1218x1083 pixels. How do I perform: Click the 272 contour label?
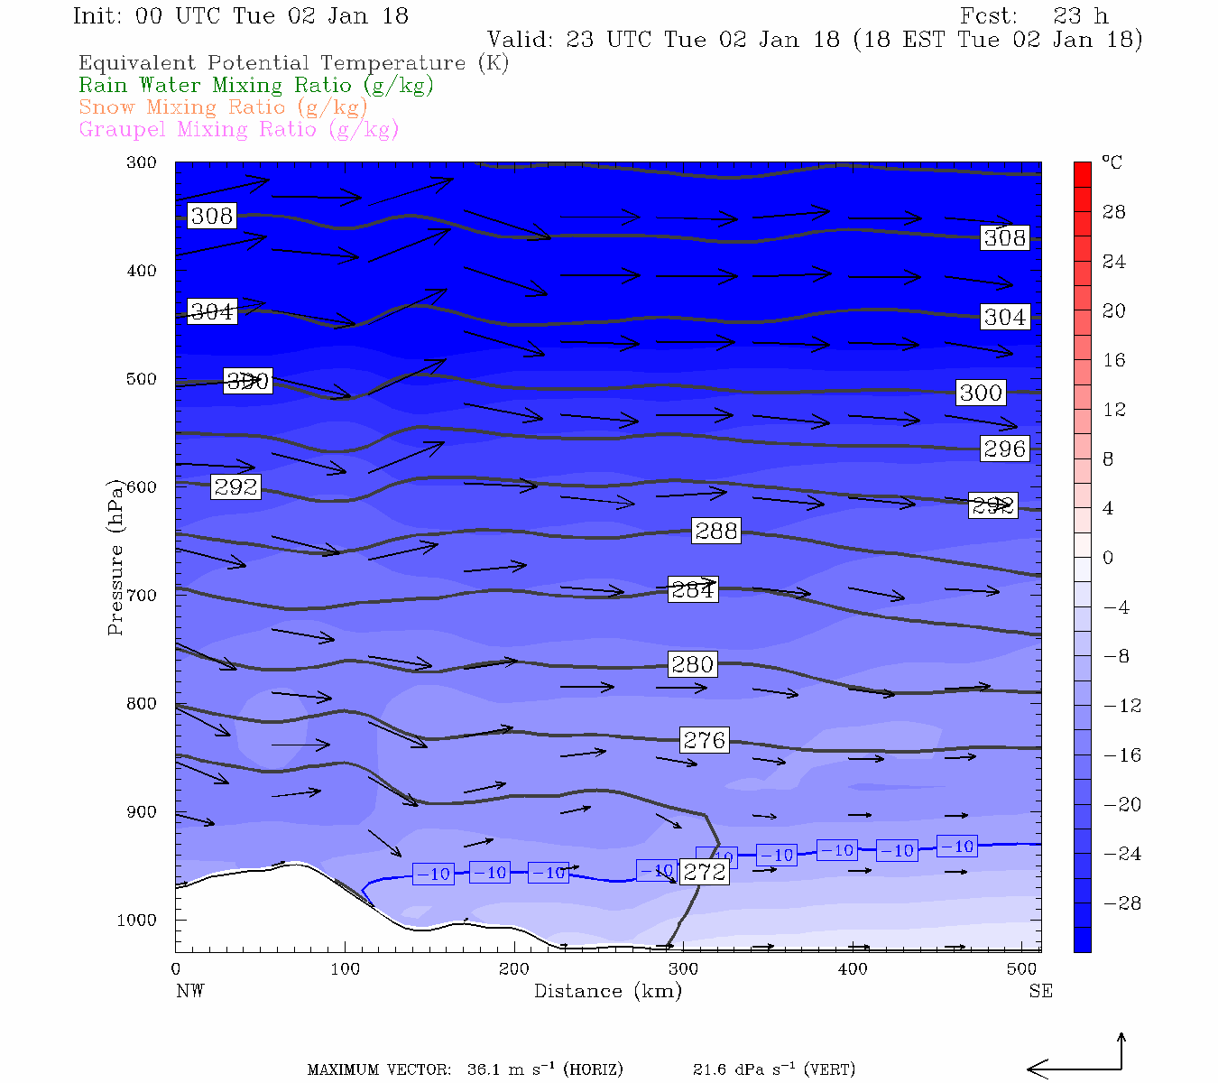tap(705, 872)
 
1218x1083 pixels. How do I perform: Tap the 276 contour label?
tap(705, 740)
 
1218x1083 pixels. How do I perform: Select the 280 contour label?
tap(693, 664)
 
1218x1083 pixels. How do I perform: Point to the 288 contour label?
tap(716, 531)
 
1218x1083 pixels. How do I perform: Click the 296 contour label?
tap(1005, 449)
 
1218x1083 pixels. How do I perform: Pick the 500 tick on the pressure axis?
tap(142, 379)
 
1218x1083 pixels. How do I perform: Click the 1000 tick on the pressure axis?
tap(137, 921)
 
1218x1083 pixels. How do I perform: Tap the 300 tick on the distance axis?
tap(683, 969)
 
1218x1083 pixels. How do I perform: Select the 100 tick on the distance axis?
tap(345, 969)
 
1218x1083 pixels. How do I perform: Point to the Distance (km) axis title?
tap(608, 991)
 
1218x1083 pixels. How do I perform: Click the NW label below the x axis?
tap(189, 991)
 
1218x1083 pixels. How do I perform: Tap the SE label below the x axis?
tap(1040, 991)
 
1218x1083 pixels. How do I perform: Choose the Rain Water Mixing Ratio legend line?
tap(256, 86)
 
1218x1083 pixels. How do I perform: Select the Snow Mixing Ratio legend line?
tap(224, 107)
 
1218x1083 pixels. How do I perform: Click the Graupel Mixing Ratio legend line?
tap(239, 129)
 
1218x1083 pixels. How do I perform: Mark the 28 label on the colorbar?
tap(1114, 212)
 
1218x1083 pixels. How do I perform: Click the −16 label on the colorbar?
tap(1122, 755)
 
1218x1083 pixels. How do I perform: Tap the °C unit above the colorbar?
tap(1112, 162)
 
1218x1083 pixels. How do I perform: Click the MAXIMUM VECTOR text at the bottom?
tap(379, 1070)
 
